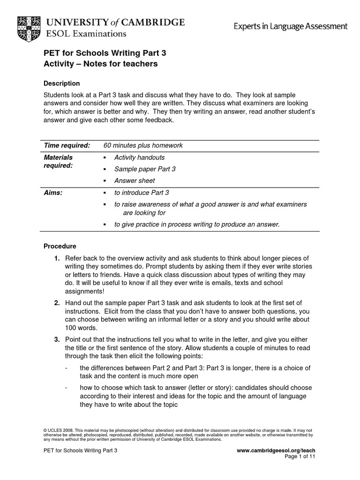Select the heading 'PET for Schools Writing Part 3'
coord(105,53)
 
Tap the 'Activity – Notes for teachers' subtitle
coord(100,64)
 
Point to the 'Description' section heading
coord(61,83)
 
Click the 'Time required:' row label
coord(67,145)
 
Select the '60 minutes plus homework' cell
coord(143,145)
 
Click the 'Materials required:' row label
coord(58,162)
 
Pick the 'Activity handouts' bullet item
coord(139,157)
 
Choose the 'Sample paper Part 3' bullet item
coord(145,169)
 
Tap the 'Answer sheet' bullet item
coord(135,180)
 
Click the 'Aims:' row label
coord(53,193)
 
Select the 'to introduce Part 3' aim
coord(142,193)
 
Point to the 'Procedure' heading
coord(60,246)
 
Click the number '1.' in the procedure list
coord(57,258)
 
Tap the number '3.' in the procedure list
coord(57,339)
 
